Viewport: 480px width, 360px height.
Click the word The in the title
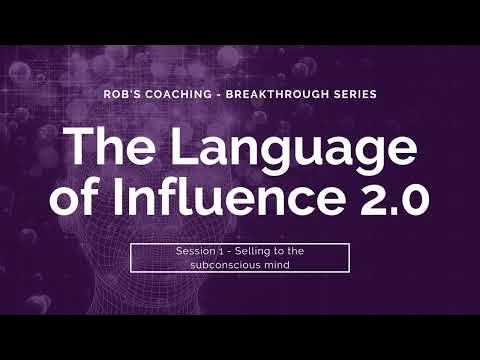coord(104,147)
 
